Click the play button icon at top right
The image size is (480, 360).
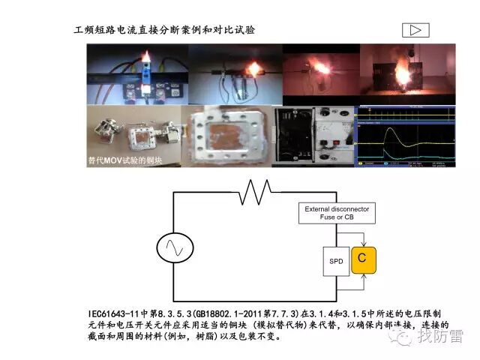(x=415, y=30)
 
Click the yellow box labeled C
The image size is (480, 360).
(x=362, y=259)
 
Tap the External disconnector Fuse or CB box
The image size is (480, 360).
(x=337, y=213)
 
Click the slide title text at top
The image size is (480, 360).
(x=164, y=30)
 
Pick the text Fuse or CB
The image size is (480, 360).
(x=337, y=217)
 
